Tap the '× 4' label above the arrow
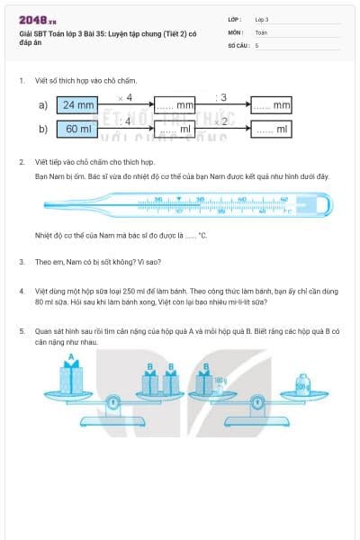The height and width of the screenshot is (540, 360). [125, 96]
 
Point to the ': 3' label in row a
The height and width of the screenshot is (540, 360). [221, 96]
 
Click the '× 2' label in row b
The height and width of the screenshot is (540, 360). [221, 121]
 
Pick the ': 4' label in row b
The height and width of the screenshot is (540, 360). [125, 121]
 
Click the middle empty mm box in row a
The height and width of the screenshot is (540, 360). [175, 106]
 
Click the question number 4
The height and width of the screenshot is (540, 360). [21, 291]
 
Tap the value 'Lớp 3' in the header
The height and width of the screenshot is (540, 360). [262, 19]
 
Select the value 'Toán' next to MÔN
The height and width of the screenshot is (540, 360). [261, 31]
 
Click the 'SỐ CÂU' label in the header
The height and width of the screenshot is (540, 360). [238, 44]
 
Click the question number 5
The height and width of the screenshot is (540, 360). [21, 330]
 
